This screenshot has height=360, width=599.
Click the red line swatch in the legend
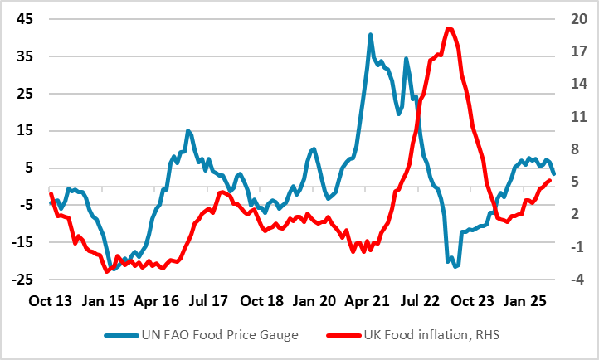342,335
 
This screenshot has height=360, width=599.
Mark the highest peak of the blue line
370,35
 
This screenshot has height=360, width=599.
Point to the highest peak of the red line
448,29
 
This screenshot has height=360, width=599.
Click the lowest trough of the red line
107,271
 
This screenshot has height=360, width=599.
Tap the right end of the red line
549,180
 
